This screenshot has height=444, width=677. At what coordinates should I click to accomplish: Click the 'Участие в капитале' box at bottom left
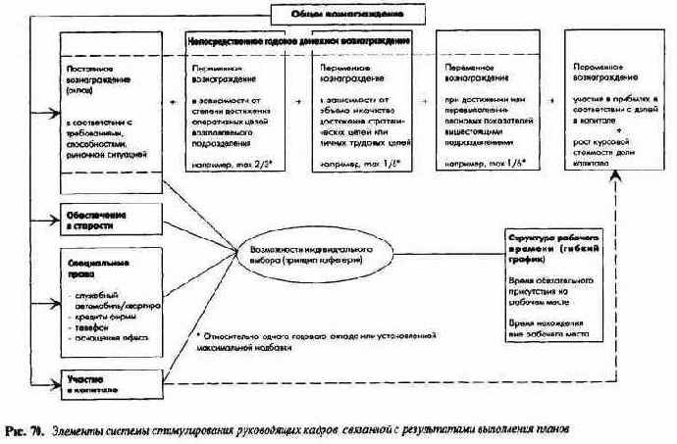click(94, 381)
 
